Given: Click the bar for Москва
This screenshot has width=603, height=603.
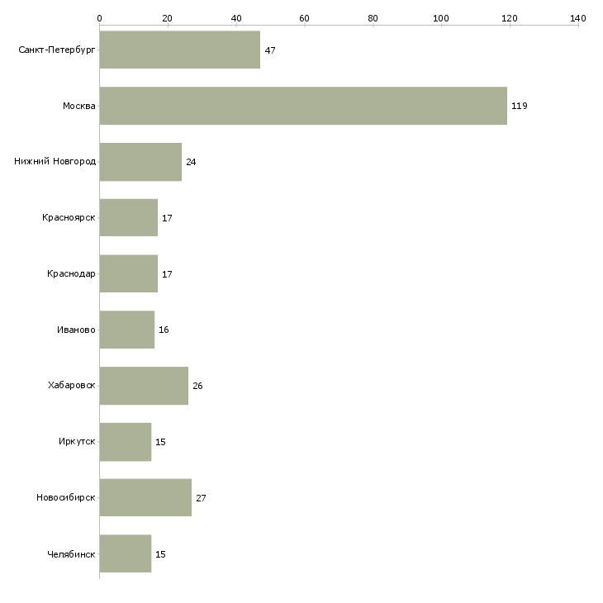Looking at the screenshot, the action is point(303,106).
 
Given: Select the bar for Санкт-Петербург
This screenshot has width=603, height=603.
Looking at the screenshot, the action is point(179,50).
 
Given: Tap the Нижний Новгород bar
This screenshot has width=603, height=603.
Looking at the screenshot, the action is point(140,162).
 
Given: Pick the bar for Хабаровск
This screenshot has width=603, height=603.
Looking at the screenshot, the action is point(144,386).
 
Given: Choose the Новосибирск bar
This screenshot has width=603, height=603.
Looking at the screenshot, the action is point(145,497).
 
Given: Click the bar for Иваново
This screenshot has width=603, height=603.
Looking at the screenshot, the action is point(127,330).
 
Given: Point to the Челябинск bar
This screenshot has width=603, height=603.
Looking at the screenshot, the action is point(126,553).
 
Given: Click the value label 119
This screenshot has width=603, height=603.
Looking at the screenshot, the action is point(520,106).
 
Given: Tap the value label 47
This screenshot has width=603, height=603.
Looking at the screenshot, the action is point(270,50).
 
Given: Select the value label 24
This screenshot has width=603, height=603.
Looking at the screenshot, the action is point(191,162).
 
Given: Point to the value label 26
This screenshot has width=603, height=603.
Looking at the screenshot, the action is point(197,386).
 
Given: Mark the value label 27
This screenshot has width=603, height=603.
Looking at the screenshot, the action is point(201,498).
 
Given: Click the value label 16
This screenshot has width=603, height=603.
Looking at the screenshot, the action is point(164,330).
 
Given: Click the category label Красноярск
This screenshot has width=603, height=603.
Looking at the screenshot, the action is point(69,218).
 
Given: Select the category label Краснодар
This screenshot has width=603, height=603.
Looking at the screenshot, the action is point(71,273).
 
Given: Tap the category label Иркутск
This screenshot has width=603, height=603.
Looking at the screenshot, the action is point(77,441).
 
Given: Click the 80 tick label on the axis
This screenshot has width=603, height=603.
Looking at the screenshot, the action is point(373,18).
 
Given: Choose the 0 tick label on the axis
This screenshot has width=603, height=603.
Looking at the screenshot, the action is point(100,18).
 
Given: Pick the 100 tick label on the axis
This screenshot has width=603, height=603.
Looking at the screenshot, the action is point(441,18).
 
